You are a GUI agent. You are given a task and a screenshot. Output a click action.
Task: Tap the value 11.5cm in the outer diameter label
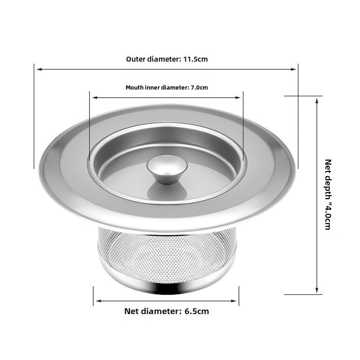(195, 59)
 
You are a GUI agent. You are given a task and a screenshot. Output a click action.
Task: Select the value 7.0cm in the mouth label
(199, 88)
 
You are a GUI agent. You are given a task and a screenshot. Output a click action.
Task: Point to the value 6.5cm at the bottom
(197, 311)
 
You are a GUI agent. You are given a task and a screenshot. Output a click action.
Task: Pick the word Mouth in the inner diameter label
(134, 88)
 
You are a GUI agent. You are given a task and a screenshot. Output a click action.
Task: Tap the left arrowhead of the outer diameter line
(39, 69)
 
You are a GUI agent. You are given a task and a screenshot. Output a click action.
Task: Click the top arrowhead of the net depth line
(317, 100)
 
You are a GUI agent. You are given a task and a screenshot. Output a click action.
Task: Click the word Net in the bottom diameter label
(131, 311)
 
